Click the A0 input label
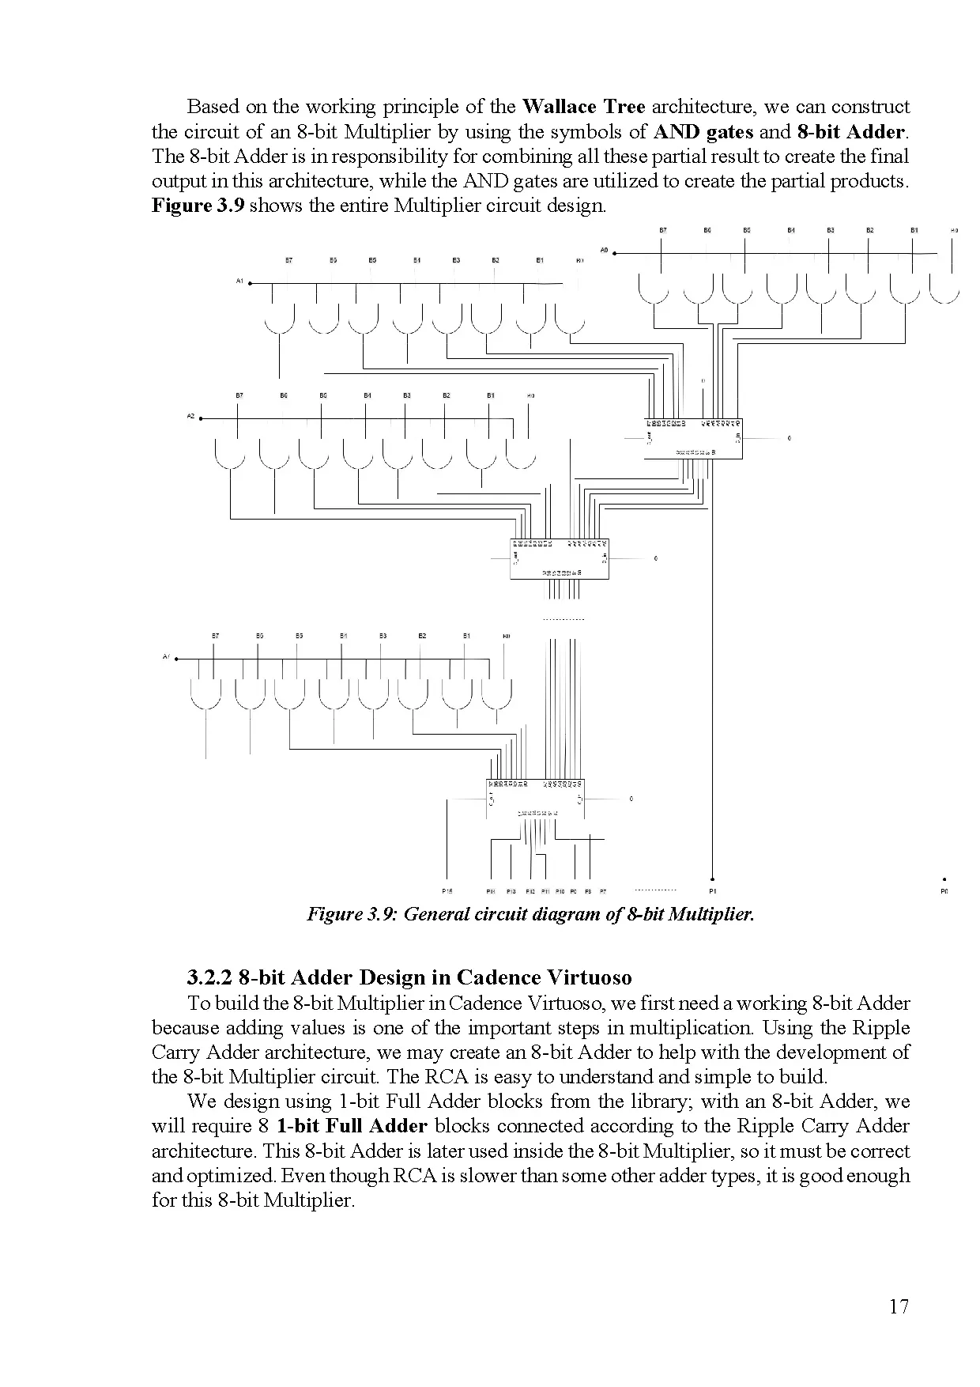604,250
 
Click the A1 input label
239,281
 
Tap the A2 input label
190,416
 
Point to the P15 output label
447,891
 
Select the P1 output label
714,891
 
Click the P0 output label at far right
944,891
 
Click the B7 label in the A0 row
663,230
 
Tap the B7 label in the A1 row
289,259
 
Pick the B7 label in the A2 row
239,395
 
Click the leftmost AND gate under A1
279,320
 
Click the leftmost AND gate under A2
229,455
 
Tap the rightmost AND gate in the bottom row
496,695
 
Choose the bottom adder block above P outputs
535,799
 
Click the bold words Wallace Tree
584,107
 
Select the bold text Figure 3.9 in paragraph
198,206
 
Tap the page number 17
899,1306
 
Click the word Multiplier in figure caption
711,915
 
